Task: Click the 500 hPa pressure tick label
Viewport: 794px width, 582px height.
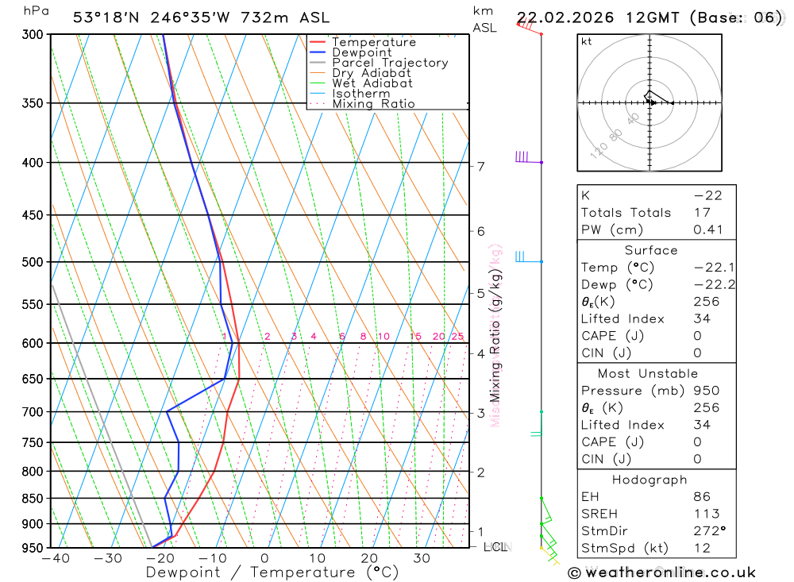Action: click(32, 262)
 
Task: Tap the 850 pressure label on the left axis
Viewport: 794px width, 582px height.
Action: click(32, 499)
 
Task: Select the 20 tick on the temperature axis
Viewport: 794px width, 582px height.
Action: click(369, 558)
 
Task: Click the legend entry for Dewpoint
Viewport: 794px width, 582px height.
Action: click(361, 52)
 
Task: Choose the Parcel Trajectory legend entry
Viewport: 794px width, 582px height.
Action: click(389, 63)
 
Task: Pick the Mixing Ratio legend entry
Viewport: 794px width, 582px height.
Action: click(373, 104)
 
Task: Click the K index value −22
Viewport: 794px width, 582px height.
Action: click(707, 195)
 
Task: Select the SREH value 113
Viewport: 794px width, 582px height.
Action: click(706, 514)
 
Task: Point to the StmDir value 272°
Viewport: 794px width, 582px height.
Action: click(706, 530)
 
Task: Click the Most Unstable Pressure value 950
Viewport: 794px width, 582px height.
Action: click(706, 391)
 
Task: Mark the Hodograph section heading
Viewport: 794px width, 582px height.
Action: click(649, 480)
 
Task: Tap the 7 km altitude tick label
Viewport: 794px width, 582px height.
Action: click(480, 166)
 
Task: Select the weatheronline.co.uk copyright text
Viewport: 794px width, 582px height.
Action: click(661, 572)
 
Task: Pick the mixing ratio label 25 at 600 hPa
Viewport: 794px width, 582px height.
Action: click(457, 337)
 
